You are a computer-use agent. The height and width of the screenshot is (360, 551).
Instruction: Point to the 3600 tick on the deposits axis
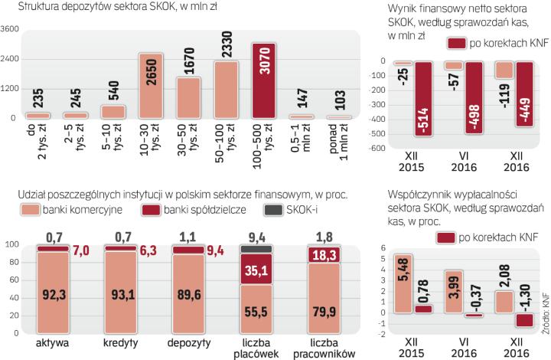(11, 30)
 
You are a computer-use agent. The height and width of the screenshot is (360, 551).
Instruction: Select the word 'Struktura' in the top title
(31, 8)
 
